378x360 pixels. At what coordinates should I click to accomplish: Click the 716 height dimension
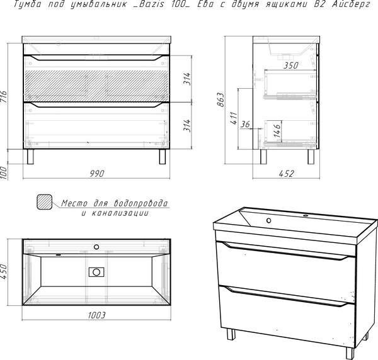click(4, 96)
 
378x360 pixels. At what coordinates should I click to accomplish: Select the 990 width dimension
click(97, 174)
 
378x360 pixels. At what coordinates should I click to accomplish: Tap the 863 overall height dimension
click(220, 99)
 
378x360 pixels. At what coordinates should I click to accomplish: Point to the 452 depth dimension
click(287, 174)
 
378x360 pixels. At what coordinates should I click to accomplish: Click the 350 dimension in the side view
click(290, 65)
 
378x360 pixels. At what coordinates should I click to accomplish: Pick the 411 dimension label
click(234, 118)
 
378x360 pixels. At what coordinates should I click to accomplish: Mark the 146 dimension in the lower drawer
click(277, 131)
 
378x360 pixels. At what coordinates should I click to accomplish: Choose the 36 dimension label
click(246, 124)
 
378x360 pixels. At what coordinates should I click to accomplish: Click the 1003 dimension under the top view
click(96, 315)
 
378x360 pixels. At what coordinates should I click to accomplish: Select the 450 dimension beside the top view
click(4, 272)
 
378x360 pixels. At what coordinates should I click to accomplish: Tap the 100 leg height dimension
click(4, 172)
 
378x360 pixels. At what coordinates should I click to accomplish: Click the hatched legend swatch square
click(44, 202)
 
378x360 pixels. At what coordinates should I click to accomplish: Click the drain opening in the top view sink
click(96, 272)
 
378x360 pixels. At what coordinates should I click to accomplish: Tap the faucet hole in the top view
click(96, 247)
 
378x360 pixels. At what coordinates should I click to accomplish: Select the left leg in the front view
click(30, 157)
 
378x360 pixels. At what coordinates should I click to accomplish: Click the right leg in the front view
click(163, 157)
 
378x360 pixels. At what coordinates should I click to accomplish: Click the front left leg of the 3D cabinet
click(231, 334)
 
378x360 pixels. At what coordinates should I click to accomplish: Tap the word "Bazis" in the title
click(150, 4)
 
